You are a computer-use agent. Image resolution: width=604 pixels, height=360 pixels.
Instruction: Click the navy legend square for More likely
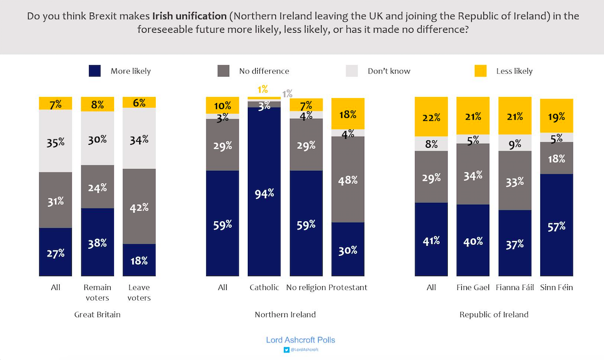click(x=94, y=71)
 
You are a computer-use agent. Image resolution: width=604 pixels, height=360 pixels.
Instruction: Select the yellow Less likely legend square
click(x=480, y=71)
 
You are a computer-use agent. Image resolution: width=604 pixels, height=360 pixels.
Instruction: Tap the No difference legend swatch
click(x=223, y=71)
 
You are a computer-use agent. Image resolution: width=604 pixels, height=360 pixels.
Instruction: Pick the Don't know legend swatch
click(x=352, y=71)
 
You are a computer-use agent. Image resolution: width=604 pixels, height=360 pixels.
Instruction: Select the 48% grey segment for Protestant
click(x=348, y=179)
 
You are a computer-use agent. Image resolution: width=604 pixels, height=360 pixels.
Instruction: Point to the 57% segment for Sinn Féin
click(x=557, y=225)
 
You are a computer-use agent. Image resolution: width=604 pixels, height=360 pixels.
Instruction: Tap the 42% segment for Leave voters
click(x=139, y=206)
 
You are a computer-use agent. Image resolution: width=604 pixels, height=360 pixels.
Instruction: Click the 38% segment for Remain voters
click(x=97, y=242)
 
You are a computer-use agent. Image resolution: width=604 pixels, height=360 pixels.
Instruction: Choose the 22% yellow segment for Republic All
click(x=431, y=117)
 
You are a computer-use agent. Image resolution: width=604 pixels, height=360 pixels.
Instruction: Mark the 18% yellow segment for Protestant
click(x=348, y=114)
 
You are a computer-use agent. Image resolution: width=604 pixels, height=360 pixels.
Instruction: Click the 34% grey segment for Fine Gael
click(x=473, y=174)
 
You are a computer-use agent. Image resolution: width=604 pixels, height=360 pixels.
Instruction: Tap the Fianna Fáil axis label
click(x=515, y=288)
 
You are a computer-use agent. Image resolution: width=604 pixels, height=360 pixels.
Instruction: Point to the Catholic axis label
click(x=264, y=288)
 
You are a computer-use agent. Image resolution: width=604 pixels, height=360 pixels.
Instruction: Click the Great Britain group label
click(x=97, y=315)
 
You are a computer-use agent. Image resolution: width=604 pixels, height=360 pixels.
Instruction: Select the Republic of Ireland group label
click(x=494, y=315)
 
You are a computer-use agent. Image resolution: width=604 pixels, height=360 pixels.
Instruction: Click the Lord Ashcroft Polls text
click(x=300, y=340)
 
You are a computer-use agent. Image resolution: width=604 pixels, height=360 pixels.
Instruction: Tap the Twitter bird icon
click(x=286, y=349)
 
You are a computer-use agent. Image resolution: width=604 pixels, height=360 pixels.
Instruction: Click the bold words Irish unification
click(x=189, y=16)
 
